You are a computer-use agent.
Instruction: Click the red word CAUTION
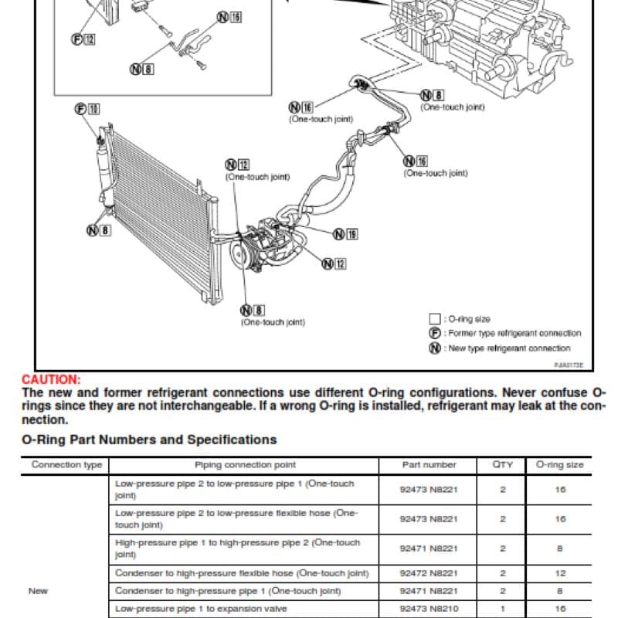[51, 379]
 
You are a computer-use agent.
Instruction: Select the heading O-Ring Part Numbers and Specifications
[149, 440]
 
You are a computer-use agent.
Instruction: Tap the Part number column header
[429, 465]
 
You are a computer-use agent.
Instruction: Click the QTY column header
[503, 465]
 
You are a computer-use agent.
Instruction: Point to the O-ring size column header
[559, 465]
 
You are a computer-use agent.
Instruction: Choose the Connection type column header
[66, 465]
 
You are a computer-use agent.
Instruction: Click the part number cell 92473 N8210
[429, 609]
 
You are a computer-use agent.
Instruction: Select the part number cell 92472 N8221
[429, 573]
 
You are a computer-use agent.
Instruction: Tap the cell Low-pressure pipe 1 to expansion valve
[201, 609]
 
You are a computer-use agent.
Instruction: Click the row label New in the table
[38, 591]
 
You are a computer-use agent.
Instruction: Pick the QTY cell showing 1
[503, 609]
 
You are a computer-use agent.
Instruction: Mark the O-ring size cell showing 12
[560, 573]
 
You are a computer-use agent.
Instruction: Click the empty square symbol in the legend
[434, 319]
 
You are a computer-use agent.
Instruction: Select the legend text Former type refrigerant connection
[514, 334]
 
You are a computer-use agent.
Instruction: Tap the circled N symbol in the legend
[434, 348]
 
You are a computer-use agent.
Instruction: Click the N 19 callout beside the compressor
[345, 235]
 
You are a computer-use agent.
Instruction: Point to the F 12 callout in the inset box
[83, 39]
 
